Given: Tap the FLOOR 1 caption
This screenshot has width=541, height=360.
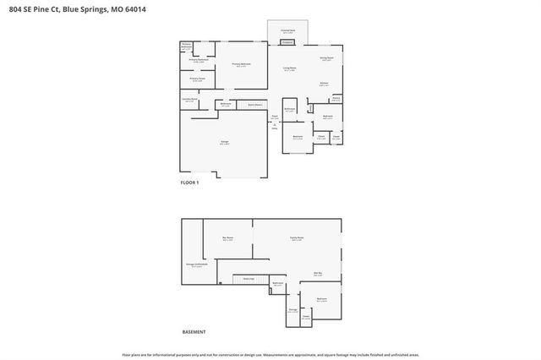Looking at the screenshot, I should (x=189, y=183).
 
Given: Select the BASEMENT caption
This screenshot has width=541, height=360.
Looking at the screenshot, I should (x=194, y=331).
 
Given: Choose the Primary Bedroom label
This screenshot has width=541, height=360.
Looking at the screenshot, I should (x=241, y=65).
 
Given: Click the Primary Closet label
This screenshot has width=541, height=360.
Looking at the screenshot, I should (x=198, y=79).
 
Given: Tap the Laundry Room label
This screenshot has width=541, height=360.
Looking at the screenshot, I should (x=189, y=100).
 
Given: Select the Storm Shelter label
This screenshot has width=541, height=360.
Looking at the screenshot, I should (x=249, y=105).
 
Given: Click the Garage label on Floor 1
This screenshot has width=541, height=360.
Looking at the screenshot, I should (x=224, y=143).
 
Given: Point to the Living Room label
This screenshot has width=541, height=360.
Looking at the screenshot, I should (x=288, y=69).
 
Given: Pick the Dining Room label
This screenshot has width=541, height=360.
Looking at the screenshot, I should (x=326, y=58).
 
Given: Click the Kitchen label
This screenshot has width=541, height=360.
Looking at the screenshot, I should (x=324, y=84).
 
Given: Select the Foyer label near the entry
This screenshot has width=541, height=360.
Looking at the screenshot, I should (x=275, y=117).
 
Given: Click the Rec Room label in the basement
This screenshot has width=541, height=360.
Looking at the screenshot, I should (x=227, y=239).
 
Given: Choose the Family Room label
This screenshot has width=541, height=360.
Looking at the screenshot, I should (x=297, y=239).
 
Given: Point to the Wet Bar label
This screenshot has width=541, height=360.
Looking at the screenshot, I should (x=319, y=274).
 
